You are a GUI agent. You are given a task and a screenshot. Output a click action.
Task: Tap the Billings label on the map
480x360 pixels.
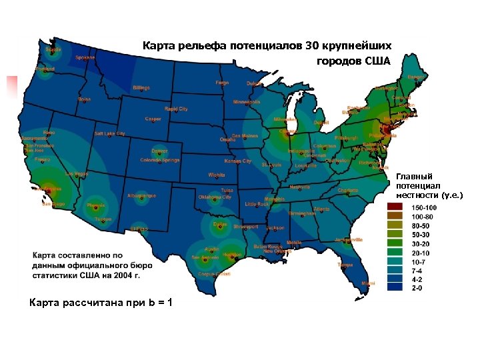click(141, 88)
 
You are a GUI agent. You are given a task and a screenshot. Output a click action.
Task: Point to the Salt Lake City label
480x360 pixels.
click(109, 133)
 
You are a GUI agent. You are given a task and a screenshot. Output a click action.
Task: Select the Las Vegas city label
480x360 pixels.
click(77, 173)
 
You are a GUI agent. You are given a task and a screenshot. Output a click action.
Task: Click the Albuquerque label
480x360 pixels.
click(141, 195)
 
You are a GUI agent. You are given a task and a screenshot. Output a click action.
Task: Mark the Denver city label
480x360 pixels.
click(159, 151)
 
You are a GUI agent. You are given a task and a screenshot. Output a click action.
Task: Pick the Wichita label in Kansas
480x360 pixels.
click(217, 175)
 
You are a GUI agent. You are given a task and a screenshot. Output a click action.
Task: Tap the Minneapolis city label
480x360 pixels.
click(247, 102)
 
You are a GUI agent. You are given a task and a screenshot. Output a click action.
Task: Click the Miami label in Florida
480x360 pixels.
click(368, 283)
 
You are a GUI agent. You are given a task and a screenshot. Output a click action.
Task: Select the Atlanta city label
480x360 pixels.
click(321, 209)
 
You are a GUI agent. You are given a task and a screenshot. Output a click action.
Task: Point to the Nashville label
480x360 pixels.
click(300, 187)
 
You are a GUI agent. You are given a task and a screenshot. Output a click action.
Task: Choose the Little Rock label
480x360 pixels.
click(257, 204)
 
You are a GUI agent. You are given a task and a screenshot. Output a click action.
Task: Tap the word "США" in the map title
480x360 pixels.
click(378, 61)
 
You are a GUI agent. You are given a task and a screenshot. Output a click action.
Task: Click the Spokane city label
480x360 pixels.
click(85, 58)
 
